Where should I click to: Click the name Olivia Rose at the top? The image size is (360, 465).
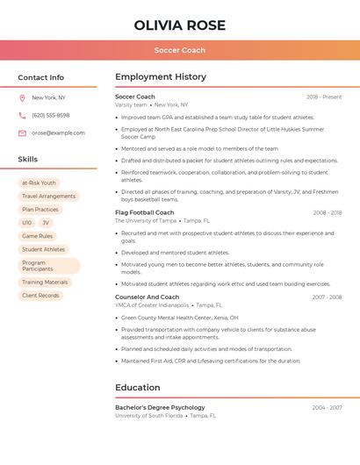click(180, 25)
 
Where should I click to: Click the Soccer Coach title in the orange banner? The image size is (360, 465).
click(180, 51)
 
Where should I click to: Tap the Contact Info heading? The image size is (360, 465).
click(40, 77)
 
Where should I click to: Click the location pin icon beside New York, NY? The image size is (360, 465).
click(22, 97)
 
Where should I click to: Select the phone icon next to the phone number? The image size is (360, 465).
click(22, 115)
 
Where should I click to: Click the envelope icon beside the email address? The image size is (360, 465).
click(22, 133)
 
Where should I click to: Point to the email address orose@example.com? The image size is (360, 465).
click(58, 133)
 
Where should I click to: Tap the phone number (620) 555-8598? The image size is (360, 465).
click(51, 115)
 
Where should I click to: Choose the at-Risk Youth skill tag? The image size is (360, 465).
click(39, 183)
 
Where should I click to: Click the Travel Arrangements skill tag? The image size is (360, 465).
click(48, 197)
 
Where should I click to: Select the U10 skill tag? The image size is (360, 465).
click(26, 223)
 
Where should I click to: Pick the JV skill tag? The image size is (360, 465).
click(46, 223)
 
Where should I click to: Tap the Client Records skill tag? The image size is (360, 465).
click(40, 296)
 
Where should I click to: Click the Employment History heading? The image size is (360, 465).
click(161, 77)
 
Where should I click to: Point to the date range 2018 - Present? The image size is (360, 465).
click(324, 97)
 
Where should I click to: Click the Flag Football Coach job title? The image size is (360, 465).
click(144, 212)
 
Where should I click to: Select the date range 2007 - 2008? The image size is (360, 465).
click(327, 297)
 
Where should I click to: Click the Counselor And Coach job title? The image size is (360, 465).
click(147, 297)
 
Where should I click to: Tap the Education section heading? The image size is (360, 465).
click(137, 387)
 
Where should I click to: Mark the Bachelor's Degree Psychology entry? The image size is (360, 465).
click(160, 407)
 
